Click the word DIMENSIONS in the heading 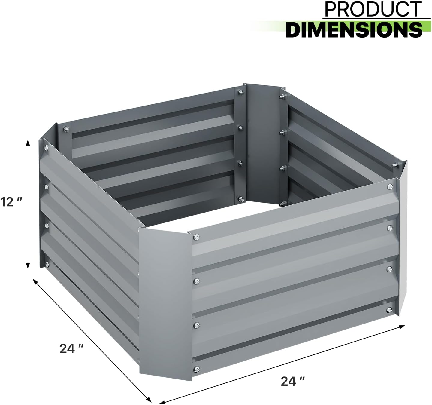pos(354,29)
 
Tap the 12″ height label pos(11,202)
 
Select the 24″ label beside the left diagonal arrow pos(71,348)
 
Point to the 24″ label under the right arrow pos(293,382)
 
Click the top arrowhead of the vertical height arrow pos(28,143)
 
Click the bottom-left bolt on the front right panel pos(196,369)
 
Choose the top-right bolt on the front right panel pos(389,187)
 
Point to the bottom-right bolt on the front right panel pos(389,309)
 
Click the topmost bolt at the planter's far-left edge pos(46,148)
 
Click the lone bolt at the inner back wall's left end pos(65,130)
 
